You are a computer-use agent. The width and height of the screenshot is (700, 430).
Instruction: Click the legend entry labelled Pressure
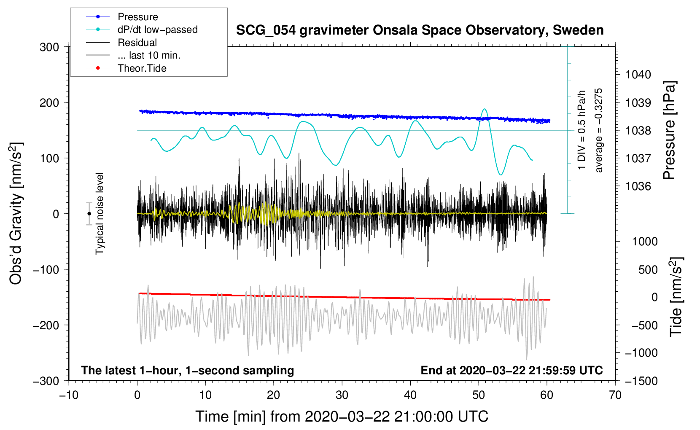point(137,17)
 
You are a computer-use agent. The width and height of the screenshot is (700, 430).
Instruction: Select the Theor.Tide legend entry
point(142,68)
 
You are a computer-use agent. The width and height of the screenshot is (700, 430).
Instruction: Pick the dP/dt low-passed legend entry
point(157,30)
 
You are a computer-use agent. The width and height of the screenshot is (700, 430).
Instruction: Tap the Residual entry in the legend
point(137,43)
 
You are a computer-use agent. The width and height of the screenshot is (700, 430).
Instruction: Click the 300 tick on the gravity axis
point(49,47)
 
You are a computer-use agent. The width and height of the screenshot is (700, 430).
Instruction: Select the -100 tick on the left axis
point(46,269)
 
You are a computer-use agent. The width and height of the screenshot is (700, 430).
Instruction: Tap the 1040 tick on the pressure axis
point(638,75)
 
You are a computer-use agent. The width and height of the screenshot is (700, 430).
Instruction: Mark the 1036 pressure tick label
point(638,186)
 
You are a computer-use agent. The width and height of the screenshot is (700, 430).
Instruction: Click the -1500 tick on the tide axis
point(641,381)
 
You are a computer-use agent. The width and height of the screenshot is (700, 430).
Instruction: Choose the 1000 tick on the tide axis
point(645,242)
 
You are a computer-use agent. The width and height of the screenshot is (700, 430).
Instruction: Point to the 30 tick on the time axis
point(342,395)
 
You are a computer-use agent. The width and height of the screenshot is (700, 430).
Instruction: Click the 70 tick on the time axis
point(615,395)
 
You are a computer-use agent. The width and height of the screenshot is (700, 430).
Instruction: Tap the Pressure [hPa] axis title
point(669,131)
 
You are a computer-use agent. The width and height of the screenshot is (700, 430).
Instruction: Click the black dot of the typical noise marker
point(89,214)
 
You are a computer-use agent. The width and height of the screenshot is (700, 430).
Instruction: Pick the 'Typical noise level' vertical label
point(100,213)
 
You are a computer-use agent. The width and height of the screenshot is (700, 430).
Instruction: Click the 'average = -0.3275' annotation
point(598,130)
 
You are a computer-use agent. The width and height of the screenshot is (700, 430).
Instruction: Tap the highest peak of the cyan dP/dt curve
point(485,109)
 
